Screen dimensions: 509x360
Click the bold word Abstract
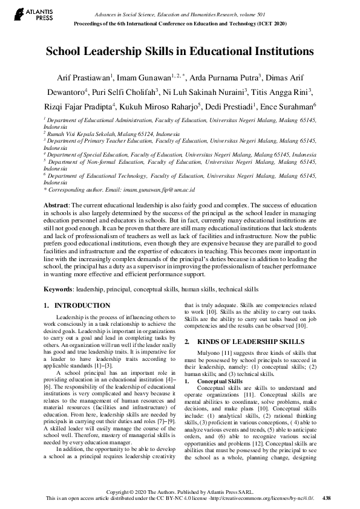pos(56,206)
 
